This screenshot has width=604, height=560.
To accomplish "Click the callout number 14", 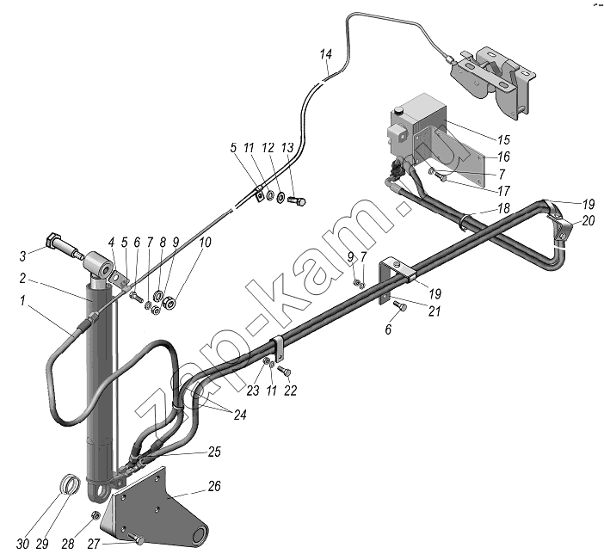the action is click(x=326, y=54).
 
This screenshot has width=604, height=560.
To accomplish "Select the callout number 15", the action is click(x=503, y=140).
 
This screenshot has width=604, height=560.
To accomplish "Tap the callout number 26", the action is click(x=214, y=486).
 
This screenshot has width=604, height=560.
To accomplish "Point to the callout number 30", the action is click(x=22, y=545).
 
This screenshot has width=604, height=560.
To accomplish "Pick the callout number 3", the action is click(x=23, y=256).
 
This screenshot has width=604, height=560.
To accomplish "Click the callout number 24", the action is click(x=239, y=415).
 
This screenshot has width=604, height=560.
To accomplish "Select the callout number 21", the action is click(x=435, y=311).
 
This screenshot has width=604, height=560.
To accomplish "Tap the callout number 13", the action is click(x=287, y=147).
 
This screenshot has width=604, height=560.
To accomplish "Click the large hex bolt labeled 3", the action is click(x=63, y=246).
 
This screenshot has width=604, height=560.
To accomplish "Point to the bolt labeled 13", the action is click(x=297, y=200).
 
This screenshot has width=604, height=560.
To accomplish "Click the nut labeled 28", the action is click(x=96, y=515).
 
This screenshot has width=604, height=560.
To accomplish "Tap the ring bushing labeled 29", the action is click(x=71, y=483).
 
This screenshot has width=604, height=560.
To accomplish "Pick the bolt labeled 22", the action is click(x=285, y=371).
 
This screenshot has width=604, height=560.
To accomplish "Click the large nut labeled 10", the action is click(x=169, y=301).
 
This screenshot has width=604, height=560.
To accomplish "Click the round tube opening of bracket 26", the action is click(x=200, y=536).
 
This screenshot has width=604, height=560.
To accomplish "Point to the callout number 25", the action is click(x=214, y=452).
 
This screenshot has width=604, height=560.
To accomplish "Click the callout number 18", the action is click(x=504, y=208).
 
